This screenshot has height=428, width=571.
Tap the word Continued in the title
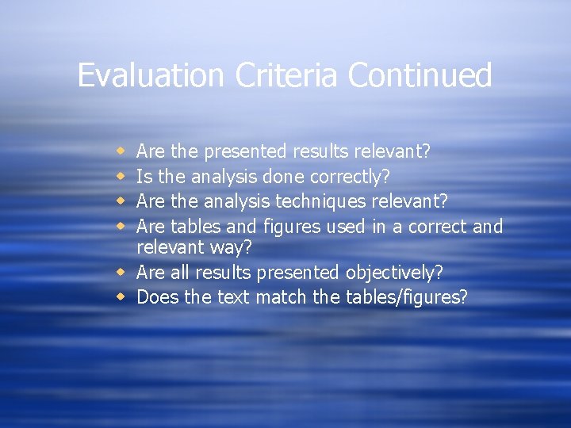pos(420,75)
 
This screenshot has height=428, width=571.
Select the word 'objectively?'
pos(394,273)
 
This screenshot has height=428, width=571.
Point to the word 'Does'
pos(157,298)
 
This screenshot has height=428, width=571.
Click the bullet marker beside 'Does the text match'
pos(121,298)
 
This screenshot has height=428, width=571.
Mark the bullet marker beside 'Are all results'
pos(121,273)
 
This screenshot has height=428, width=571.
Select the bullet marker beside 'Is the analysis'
pos(121,176)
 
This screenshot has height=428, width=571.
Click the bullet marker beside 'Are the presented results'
pos(121,151)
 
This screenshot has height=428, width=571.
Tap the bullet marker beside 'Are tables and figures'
pos(121,227)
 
